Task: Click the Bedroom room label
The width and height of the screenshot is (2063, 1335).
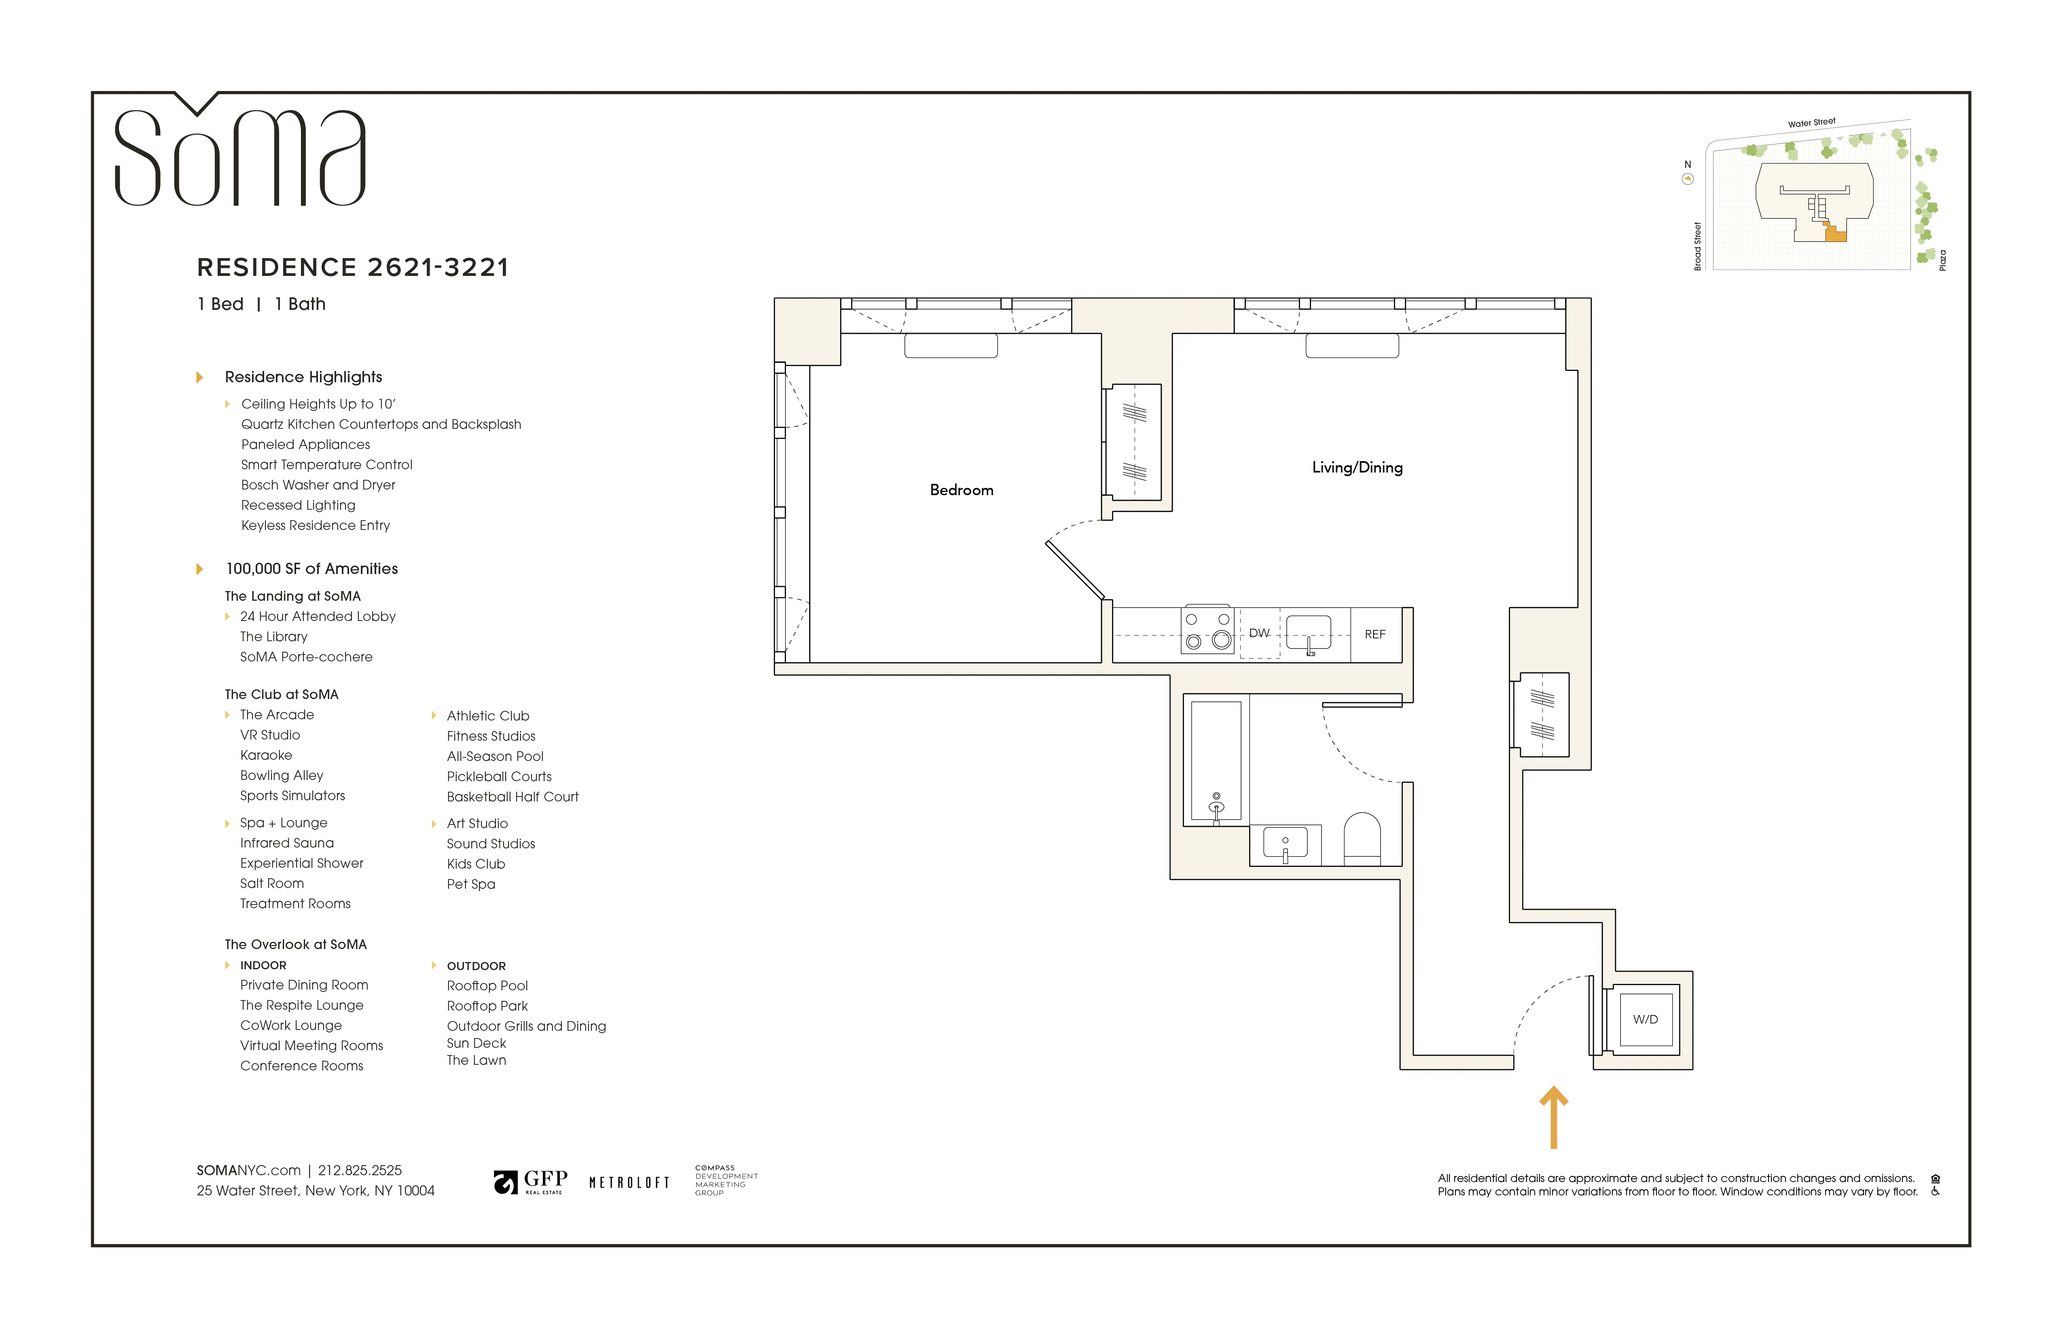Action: click(x=961, y=490)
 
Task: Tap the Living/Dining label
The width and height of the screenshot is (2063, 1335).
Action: click(x=1357, y=467)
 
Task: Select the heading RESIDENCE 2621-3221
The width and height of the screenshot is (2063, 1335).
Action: click(x=353, y=267)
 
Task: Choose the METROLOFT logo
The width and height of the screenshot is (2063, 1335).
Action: click(x=629, y=1182)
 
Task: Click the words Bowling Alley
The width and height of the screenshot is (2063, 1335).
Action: click(x=282, y=775)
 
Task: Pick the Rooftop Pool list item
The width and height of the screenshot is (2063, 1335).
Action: click(x=487, y=985)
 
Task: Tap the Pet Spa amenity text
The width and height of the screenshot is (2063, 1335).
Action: click(x=471, y=884)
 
